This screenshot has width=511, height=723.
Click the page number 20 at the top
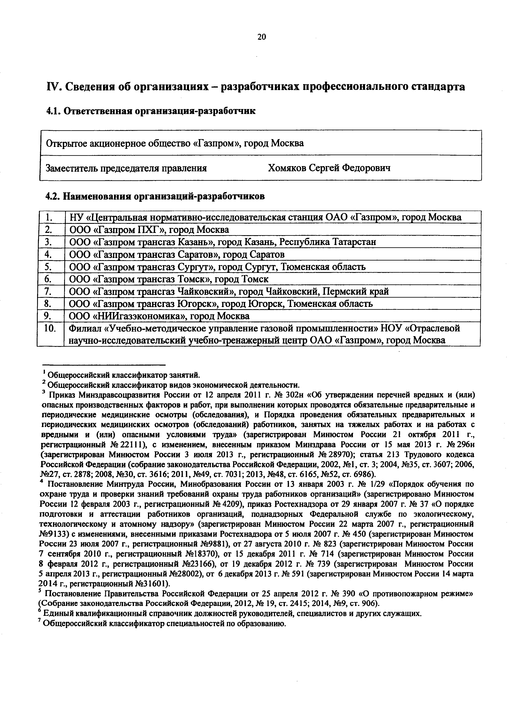(x=262, y=37)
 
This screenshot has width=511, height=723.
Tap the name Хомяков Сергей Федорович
(x=329, y=168)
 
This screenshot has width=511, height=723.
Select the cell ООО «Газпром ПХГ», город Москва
(x=149, y=230)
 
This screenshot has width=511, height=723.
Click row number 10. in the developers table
(x=50, y=329)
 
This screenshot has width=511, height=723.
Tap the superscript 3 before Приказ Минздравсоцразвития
(x=44, y=392)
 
